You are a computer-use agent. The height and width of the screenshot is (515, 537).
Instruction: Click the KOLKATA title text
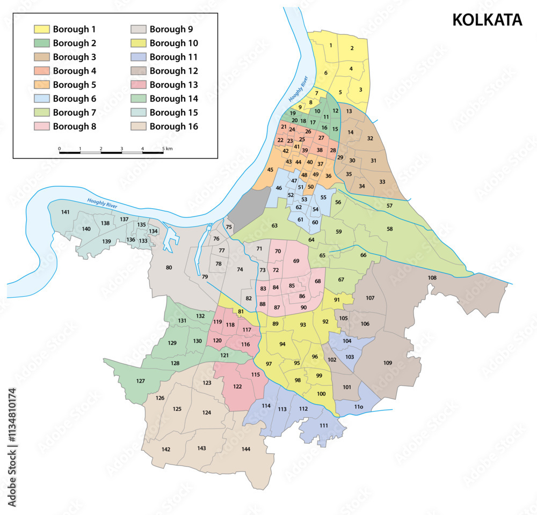(x=487, y=20)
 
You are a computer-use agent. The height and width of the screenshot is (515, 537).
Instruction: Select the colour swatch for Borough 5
(x=41, y=85)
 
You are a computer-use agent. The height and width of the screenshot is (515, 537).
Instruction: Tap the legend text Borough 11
(x=173, y=57)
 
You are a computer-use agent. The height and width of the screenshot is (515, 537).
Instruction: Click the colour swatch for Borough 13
(x=139, y=85)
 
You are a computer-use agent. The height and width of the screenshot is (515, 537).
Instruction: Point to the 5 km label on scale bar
(x=168, y=148)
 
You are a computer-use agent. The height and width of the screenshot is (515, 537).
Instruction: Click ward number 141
(x=65, y=212)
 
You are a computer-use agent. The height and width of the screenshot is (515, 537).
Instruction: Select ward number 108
(x=432, y=278)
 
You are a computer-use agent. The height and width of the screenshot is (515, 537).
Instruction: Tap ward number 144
(x=245, y=448)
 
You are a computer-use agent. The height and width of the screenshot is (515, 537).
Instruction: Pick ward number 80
(x=169, y=267)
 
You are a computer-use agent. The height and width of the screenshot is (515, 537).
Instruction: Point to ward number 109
(x=388, y=363)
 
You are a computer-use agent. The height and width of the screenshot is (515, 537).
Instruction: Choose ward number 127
(x=140, y=381)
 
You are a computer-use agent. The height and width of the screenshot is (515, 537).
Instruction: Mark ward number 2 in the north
(x=352, y=48)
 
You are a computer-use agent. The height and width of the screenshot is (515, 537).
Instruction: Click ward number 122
(x=237, y=386)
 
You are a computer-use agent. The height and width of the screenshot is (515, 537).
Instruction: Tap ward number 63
(x=274, y=226)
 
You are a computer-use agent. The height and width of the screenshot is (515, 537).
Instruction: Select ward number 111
(x=323, y=425)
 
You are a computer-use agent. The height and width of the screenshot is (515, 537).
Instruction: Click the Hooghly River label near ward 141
(x=101, y=203)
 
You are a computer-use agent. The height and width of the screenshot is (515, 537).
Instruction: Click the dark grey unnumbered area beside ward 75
(x=250, y=204)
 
